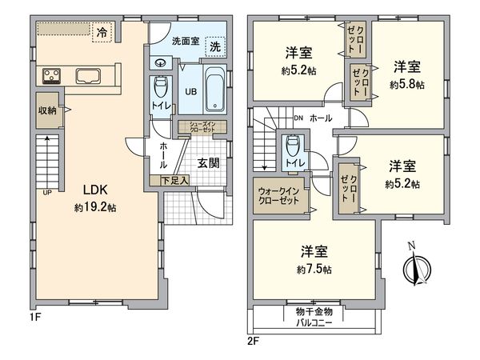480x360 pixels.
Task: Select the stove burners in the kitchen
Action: coord(52,77)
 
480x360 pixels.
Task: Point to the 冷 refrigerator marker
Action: coord(102,33)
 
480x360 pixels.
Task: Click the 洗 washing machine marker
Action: coord(215,47)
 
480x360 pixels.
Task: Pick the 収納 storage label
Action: coord(46,110)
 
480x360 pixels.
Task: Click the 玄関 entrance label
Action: coord(208,163)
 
